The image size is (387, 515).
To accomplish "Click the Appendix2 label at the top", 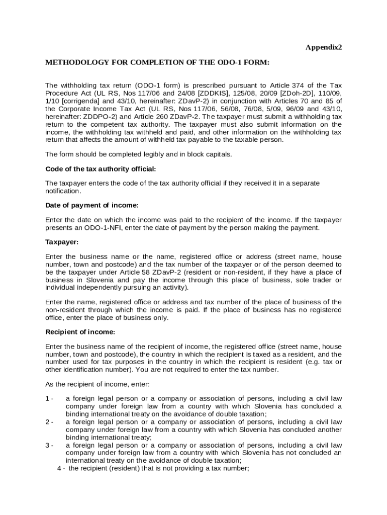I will (x=324, y=47).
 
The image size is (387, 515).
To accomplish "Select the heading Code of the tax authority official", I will (x=101, y=169).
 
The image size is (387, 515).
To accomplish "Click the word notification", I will (x=63, y=191).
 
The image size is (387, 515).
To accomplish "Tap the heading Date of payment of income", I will (x=91, y=205).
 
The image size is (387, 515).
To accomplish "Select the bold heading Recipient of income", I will (x=80, y=332).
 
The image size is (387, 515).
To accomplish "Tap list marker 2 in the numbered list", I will (x=48, y=421).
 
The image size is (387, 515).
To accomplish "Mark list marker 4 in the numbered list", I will (x=59, y=468).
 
